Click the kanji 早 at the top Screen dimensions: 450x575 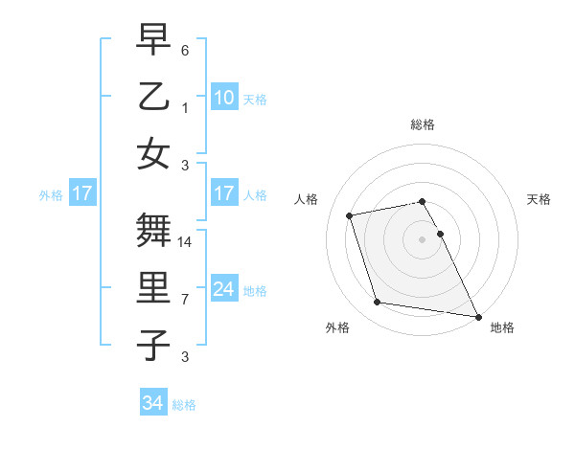pos(153,40)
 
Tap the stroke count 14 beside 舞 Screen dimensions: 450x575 pos(186,242)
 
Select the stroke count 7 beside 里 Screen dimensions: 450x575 pos(185,299)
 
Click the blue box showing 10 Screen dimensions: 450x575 pos(223,97)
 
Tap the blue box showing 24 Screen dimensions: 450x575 pos(223,289)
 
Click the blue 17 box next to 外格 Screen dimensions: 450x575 pos(81,193)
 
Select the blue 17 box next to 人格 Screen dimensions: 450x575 pos(223,193)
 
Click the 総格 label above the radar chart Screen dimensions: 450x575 pos(422,124)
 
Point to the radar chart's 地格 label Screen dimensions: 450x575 pos(502,328)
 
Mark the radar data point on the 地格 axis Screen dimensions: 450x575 pos(477,316)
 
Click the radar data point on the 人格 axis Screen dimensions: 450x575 pos(350,214)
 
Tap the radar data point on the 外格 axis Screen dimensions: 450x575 pos(378,303)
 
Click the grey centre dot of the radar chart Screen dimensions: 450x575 pos(422,239)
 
